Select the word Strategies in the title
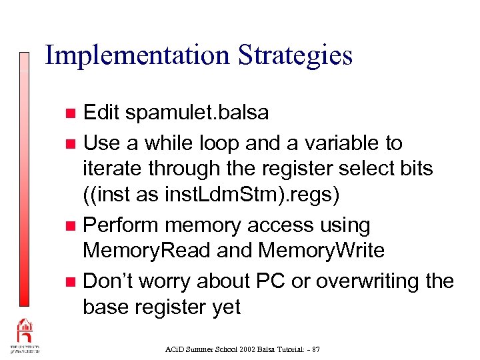(x=293, y=55)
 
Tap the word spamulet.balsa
(x=197, y=112)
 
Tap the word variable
(x=329, y=143)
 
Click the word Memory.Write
(x=321, y=251)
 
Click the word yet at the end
(x=223, y=307)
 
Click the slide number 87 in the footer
(x=315, y=349)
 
